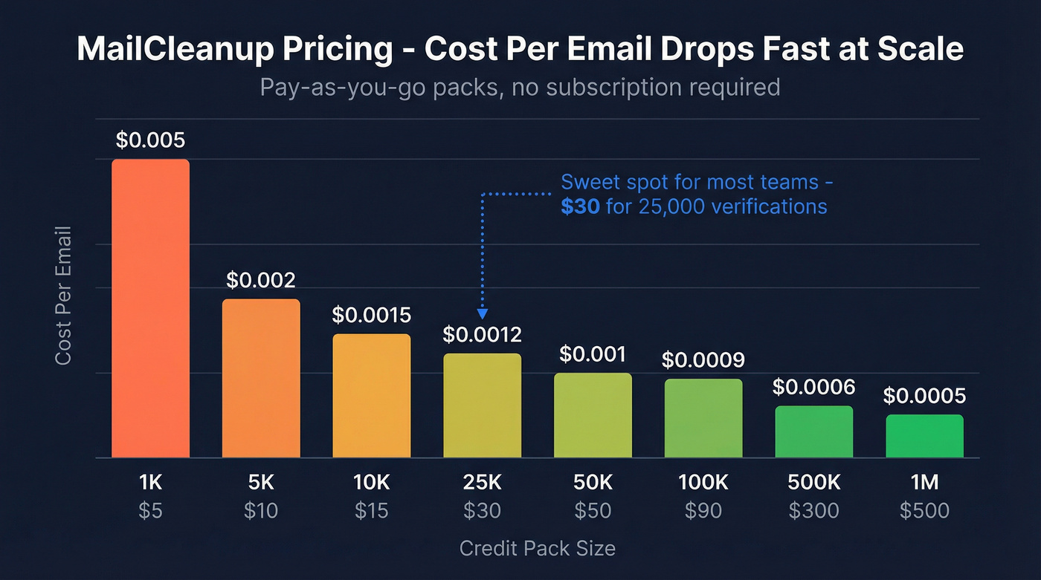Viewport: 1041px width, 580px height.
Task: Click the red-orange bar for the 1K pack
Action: point(150,308)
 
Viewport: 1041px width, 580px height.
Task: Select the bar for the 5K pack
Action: point(261,378)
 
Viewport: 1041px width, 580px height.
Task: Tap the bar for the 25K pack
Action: point(482,405)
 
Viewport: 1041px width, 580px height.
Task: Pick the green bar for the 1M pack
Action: point(924,436)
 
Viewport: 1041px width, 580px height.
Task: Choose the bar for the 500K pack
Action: point(813,431)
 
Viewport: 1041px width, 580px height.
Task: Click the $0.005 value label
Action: point(150,140)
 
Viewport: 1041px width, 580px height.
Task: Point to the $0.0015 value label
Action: point(371,315)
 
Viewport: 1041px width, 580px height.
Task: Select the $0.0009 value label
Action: point(703,360)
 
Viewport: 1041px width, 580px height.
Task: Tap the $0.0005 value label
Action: point(924,396)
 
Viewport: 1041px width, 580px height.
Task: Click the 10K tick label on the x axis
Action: point(371,483)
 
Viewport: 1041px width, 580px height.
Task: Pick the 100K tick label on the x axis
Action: point(703,483)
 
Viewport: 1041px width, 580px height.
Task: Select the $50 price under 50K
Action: point(593,511)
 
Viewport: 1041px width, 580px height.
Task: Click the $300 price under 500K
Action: point(813,511)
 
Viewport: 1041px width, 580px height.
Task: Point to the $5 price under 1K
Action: point(150,511)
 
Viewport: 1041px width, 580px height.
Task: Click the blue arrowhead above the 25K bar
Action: point(482,314)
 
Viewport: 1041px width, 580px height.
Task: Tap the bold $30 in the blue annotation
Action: point(580,206)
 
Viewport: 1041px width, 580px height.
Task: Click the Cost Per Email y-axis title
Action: point(63,296)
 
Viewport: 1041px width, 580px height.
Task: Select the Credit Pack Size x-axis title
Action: point(537,549)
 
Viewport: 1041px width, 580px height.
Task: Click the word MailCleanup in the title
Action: point(171,50)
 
